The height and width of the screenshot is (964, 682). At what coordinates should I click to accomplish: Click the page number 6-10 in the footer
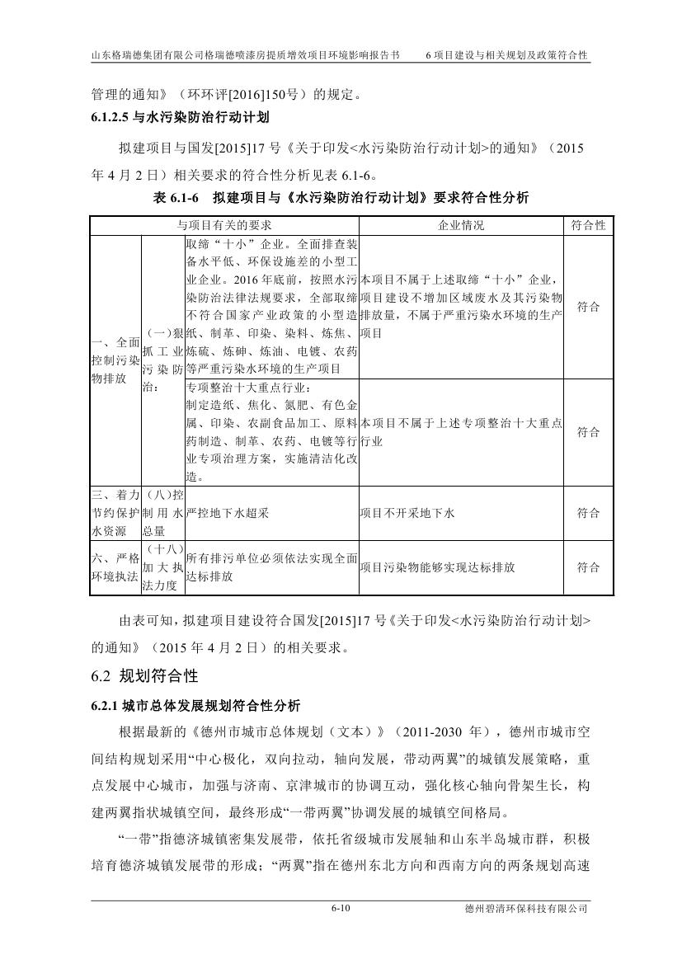(x=341, y=908)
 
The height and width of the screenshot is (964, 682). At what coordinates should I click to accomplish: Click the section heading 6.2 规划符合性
(x=144, y=676)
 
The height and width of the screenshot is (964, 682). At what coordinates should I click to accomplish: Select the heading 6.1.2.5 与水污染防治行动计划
(x=180, y=118)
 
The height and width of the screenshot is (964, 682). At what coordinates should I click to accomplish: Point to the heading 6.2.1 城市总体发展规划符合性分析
(x=195, y=706)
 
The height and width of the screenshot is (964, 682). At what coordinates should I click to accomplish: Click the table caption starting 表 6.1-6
(x=341, y=197)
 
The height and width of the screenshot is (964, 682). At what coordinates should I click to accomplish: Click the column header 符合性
(x=588, y=225)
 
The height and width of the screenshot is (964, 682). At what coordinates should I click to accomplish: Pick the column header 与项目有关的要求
(x=224, y=225)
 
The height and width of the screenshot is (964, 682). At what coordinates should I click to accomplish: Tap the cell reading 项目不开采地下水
(x=407, y=513)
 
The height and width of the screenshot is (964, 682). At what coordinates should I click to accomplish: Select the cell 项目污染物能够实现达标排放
(x=437, y=567)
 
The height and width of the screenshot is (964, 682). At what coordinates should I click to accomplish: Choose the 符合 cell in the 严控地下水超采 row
(x=588, y=513)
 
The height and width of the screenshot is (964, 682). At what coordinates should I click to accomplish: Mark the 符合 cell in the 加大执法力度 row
(x=588, y=567)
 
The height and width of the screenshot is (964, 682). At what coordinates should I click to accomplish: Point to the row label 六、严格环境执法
(x=115, y=567)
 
